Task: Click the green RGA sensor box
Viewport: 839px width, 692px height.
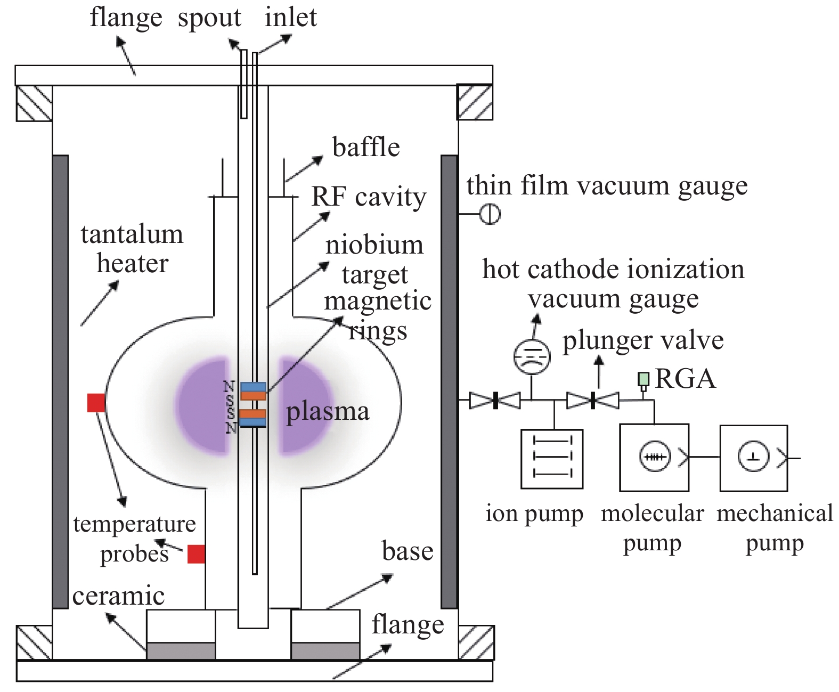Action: click(x=643, y=379)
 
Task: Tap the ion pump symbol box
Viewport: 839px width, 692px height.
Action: click(x=552, y=459)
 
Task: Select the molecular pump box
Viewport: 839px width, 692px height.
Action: click(x=654, y=457)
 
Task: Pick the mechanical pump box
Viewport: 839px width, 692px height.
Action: click(x=753, y=458)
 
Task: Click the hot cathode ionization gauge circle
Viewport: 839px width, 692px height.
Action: click(x=532, y=357)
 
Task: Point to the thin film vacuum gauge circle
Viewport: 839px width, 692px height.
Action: click(x=490, y=214)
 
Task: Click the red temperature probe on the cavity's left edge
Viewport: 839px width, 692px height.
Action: click(x=96, y=403)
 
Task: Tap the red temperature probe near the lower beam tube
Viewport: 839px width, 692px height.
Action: click(x=197, y=554)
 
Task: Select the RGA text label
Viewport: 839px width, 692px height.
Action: click(x=685, y=379)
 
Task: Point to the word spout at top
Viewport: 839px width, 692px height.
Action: click(x=209, y=19)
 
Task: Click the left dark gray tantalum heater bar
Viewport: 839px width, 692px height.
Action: click(x=60, y=381)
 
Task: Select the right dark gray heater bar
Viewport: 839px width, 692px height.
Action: click(x=449, y=381)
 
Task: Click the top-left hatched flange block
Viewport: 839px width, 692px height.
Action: click(x=34, y=103)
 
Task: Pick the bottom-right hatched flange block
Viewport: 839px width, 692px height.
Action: click(x=477, y=642)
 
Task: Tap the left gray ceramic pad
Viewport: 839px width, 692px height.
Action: click(x=181, y=650)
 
